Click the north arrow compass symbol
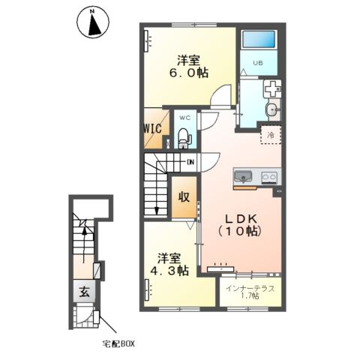93,22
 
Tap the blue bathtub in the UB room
259,39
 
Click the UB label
258,63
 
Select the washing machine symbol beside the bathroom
272,89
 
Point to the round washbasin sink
272,110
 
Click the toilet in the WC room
184,138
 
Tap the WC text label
185,118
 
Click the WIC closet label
153,129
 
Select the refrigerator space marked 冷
271,135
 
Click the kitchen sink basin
243,177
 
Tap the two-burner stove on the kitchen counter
269,178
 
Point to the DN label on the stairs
190,162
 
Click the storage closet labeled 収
184,197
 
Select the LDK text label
241,219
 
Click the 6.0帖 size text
189,73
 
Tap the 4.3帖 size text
169,270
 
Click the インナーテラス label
250,289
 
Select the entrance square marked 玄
84,291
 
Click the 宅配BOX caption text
118,344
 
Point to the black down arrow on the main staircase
157,211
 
